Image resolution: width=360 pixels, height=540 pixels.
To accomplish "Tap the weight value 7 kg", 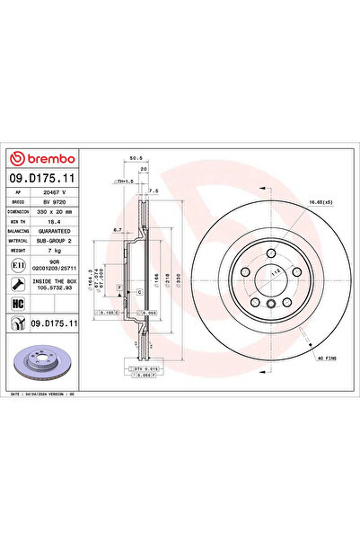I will [x=58, y=252].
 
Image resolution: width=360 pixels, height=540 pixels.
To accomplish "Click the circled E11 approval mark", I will [x=19, y=266].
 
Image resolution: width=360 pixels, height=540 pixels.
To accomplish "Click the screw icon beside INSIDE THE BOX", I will [x=19, y=284].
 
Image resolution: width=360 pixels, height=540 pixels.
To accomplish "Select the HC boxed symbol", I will [x=19, y=303].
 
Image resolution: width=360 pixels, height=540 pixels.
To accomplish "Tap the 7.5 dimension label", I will [x=154, y=190].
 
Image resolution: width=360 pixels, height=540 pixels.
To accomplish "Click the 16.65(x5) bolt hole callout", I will [x=320, y=203].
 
